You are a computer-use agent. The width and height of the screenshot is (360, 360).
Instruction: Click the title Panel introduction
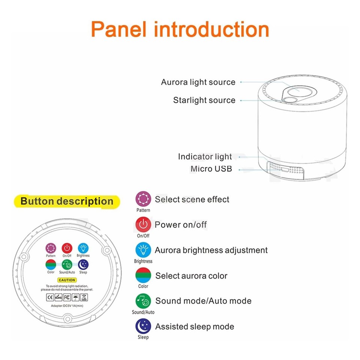pos(180,29)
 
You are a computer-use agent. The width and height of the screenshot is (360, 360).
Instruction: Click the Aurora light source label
pos(198,82)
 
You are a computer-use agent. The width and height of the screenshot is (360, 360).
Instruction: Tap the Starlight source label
pos(204,100)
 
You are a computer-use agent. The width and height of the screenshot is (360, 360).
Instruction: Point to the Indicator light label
pos(205,157)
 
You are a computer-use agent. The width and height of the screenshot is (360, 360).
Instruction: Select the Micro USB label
pos(211,169)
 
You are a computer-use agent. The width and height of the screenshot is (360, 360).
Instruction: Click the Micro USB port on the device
pos(284,169)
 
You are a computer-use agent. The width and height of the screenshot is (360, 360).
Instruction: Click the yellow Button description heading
pos(67,201)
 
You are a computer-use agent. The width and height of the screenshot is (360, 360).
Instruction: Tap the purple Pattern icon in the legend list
pos(143,199)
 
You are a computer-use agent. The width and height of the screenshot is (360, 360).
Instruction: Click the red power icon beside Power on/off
pos(143,225)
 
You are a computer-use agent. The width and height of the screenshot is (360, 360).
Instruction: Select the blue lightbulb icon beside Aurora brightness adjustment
pos(143,250)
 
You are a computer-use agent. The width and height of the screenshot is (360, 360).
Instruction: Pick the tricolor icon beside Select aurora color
pos(143,276)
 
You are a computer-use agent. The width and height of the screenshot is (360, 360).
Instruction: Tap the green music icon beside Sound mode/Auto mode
pos(143,301)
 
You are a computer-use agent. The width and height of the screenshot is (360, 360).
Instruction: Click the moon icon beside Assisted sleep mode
pos(143,326)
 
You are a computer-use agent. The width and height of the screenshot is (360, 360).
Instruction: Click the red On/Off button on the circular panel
pos(67,248)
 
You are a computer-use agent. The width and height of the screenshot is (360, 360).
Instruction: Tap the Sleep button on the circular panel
pos(83,264)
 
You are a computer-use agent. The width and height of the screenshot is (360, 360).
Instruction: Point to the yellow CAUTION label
pos(67,280)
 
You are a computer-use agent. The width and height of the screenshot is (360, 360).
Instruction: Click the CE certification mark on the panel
pos(49,297)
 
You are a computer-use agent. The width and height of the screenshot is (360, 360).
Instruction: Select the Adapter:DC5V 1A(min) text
pos(67,306)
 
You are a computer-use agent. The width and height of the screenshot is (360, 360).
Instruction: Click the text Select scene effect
pos(192,199)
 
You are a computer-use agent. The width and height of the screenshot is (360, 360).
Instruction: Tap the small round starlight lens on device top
pos(289,99)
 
